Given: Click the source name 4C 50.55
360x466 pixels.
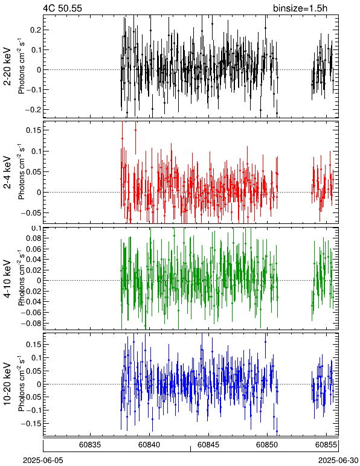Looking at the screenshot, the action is tap(62, 8).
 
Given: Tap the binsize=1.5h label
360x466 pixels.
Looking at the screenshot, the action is tap(300, 8).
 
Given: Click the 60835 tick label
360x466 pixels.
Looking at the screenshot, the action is tap(90, 445).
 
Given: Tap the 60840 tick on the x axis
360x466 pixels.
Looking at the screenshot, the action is tap(149, 445).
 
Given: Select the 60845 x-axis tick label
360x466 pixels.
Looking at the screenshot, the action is tap(208, 445).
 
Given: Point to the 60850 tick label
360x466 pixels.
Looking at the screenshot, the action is tap(267, 445).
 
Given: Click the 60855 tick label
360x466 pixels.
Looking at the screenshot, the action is tap(326, 445).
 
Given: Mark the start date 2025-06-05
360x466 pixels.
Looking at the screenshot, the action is tap(43, 461).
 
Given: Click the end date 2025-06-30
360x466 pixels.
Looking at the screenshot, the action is tap(338, 461).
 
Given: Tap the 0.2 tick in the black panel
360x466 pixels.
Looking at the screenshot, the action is tap(36, 30).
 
